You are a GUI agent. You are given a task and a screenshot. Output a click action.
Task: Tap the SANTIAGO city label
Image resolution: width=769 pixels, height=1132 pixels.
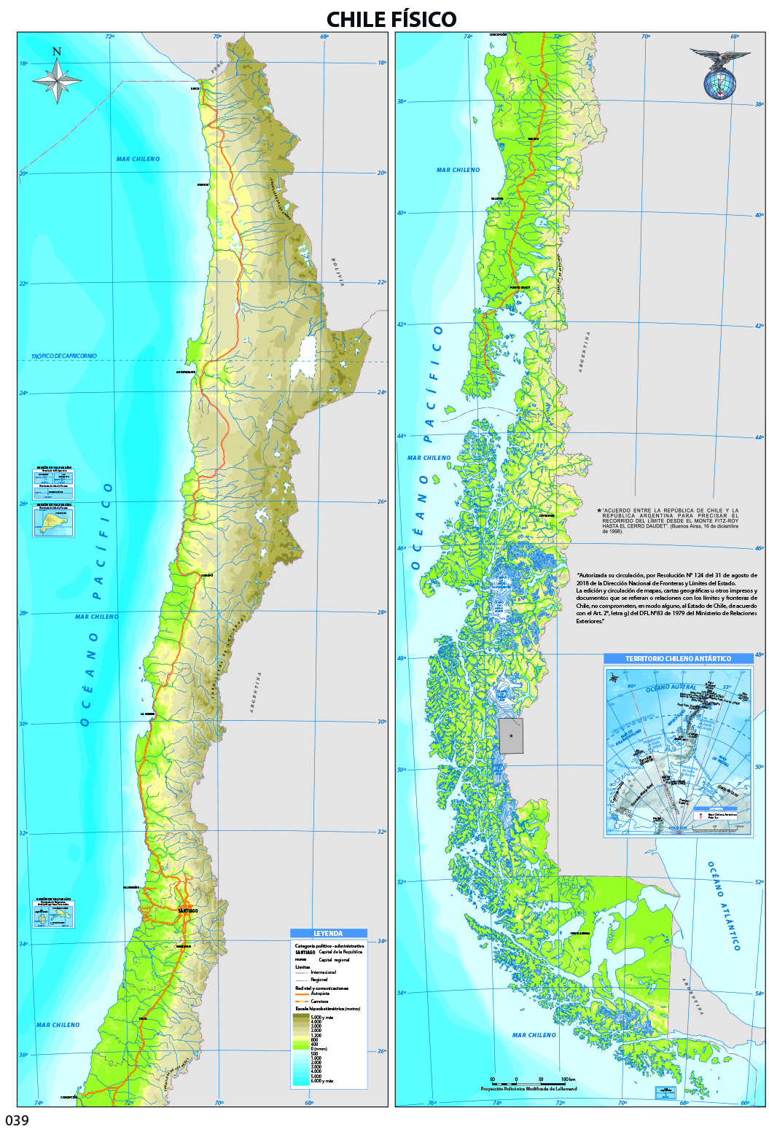187,910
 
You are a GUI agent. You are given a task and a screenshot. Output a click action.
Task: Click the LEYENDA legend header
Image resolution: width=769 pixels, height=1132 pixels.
328,933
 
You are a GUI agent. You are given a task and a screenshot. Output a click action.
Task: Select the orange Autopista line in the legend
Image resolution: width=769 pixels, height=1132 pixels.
302,994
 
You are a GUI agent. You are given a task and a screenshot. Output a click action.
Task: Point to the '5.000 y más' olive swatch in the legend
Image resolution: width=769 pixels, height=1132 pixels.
300,1016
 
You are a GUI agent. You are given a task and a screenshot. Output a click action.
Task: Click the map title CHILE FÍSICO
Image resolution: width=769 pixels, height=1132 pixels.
391,19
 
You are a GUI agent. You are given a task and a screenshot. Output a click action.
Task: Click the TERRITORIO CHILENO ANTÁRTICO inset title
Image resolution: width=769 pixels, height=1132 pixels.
678,658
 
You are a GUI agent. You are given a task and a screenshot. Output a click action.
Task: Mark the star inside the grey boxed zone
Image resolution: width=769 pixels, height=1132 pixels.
511,736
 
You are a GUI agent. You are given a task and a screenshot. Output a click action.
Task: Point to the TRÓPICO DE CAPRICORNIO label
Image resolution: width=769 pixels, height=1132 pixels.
63,356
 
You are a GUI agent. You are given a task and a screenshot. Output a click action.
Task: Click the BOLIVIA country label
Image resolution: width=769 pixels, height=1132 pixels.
337,272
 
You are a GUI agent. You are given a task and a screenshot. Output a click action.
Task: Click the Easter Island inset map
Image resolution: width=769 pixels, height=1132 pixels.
53,522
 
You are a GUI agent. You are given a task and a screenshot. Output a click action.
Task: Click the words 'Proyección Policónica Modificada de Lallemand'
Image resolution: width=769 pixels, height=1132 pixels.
528,1089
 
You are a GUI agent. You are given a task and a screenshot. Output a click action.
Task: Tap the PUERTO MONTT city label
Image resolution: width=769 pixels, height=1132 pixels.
520,288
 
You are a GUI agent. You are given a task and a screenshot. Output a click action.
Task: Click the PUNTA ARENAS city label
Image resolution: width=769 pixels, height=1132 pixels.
579,933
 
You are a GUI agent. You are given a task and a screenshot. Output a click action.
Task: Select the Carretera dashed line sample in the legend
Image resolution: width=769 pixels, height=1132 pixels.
302,1002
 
